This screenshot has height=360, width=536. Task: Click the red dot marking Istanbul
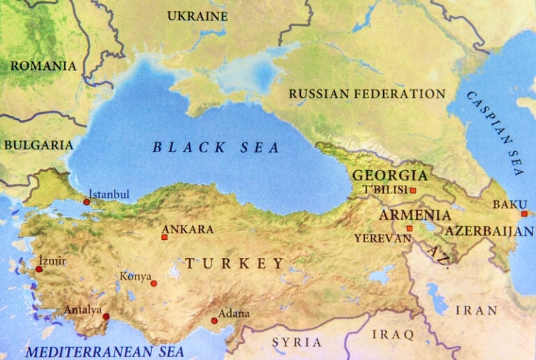[87, 202]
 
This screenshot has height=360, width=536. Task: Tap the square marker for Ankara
[165, 237]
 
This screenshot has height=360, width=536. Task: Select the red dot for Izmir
[39, 269]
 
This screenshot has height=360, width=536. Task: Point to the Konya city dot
[154, 283]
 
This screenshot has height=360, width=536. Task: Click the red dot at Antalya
[106, 316]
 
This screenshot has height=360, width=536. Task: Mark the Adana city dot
[214, 321]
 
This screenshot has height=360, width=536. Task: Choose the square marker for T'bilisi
[413, 190]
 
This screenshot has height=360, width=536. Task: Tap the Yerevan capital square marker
[410, 228]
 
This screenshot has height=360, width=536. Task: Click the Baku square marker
[524, 213]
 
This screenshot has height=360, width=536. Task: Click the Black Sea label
[216, 147]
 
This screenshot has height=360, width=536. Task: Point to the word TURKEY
[235, 263]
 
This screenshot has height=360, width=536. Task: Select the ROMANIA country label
[43, 66]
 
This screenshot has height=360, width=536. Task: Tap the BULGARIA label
[38, 145]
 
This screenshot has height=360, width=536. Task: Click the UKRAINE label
[198, 15]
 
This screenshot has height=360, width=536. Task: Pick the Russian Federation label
[366, 93]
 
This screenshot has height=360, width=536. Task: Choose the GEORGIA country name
[389, 175]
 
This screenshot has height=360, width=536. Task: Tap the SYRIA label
[297, 342]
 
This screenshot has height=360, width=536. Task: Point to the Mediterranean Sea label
[105, 351]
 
